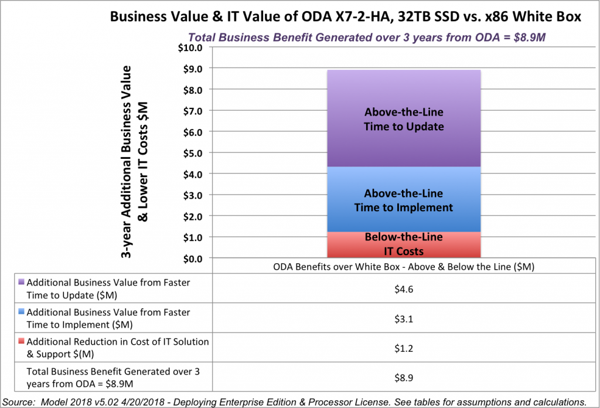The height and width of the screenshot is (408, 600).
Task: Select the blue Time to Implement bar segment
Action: pos(404,200)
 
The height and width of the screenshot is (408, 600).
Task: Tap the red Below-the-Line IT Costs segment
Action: pos(404,245)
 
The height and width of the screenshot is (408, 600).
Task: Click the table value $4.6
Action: pos(404,288)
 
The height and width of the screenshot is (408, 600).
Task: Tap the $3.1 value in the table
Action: pos(404,318)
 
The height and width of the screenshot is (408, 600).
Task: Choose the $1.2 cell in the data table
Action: pos(404,348)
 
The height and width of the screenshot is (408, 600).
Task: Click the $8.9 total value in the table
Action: pos(404,378)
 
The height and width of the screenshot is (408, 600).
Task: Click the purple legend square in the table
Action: pos(22,282)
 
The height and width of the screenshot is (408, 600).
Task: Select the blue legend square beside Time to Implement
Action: pos(22,312)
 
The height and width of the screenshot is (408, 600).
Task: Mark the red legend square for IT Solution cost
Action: pos(22,342)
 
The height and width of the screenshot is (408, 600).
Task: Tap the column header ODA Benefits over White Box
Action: pos(404,266)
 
